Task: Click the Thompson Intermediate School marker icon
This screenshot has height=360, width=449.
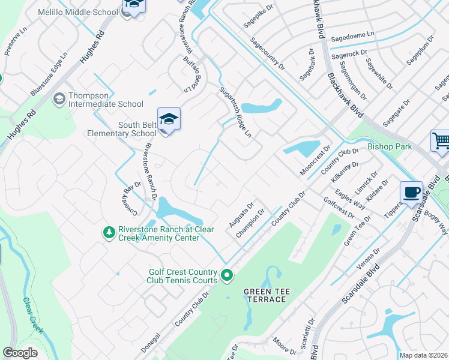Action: pyautogui.click(x=59, y=98)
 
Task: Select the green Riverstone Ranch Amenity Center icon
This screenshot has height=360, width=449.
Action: pyautogui.click(x=109, y=232)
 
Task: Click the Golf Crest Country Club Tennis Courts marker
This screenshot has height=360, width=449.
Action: pyautogui.click(x=227, y=275)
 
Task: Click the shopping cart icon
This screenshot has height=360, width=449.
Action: pyautogui.click(x=441, y=142)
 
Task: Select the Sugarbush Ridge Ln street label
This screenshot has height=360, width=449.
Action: pyautogui.click(x=235, y=112)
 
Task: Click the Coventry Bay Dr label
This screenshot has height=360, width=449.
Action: pyautogui.click(x=128, y=198)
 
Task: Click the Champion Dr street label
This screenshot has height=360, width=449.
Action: pyautogui.click(x=251, y=223)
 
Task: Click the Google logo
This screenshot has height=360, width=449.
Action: pyautogui.click(x=20, y=353)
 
